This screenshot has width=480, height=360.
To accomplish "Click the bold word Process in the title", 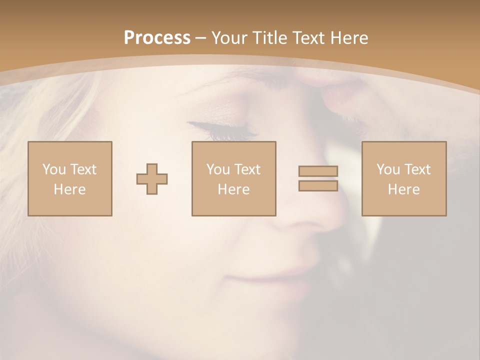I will (x=157, y=38).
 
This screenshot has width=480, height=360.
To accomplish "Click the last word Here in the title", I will (x=349, y=38).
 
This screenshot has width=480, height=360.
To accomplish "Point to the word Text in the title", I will (x=309, y=38).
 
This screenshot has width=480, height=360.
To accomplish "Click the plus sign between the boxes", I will (x=152, y=179).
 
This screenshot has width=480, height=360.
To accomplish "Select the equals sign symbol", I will (x=318, y=178).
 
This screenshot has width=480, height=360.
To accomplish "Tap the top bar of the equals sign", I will (x=318, y=171).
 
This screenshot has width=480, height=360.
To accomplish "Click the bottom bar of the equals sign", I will (x=318, y=185).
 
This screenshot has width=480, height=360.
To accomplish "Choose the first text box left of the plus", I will (x=70, y=178).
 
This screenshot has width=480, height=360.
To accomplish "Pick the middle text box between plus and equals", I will (x=234, y=178).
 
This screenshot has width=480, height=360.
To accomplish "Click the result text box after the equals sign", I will (x=404, y=178).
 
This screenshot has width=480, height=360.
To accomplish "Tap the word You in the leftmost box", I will (x=53, y=169).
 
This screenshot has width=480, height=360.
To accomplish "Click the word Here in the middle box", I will (x=234, y=189).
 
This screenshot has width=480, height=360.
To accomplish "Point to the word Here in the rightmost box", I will (x=404, y=189).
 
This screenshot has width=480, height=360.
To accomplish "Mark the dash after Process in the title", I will (x=201, y=38).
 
